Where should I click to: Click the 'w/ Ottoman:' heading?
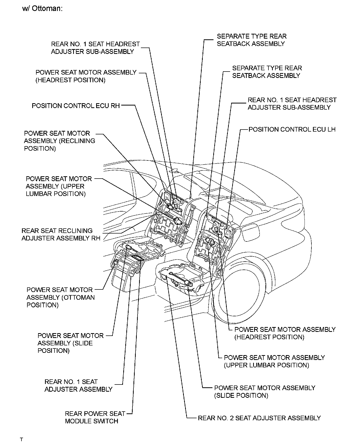(42, 8)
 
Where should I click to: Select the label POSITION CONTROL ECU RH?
(76, 106)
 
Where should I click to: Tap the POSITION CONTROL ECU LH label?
(292, 130)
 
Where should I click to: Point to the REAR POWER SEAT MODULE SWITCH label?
(95, 417)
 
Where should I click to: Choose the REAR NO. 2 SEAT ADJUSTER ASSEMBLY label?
(259, 418)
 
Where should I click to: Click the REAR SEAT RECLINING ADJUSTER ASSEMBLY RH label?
(61, 235)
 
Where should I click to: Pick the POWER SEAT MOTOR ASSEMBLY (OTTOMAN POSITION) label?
(61, 297)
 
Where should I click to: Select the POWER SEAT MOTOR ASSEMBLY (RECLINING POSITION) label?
(59, 141)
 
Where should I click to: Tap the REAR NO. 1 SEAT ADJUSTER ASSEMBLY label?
(78, 386)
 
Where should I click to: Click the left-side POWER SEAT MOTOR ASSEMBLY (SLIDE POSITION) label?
(70, 343)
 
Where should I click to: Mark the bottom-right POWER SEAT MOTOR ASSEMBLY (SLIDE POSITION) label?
(265, 392)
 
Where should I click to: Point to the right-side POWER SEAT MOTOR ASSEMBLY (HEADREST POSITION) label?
(285, 333)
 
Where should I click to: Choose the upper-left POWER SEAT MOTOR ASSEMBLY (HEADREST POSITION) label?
(86, 76)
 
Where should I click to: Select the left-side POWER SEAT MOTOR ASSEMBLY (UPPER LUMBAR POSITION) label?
(59, 186)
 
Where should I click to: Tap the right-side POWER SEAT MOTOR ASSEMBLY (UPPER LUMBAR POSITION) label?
(274, 361)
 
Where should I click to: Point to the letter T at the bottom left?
(22, 439)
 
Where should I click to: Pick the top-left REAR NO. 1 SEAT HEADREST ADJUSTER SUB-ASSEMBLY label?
(95, 48)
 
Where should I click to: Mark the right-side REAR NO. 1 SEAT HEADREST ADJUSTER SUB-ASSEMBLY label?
(292, 103)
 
